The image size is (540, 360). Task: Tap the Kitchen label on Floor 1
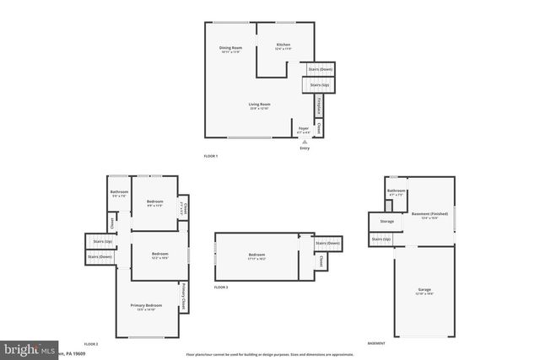click(x=283, y=44)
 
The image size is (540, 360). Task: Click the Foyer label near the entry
click(x=304, y=128)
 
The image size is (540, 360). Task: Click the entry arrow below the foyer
click(x=304, y=142)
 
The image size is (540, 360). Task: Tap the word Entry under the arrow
click(x=304, y=149)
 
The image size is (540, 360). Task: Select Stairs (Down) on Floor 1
click(x=320, y=68)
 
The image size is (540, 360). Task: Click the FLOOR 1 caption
click(x=211, y=157)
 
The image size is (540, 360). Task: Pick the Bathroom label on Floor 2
click(x=119, y=191)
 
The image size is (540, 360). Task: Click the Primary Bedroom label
click(x=146, y=305)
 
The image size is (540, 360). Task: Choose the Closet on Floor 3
click(x=321, y=263)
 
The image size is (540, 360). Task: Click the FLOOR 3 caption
click(x=221, y=287)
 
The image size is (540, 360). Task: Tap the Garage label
click(x=424, y=290)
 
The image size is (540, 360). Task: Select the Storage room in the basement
click(x=386, y=222)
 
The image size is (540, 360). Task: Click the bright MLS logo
click(x=30, y=348)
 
